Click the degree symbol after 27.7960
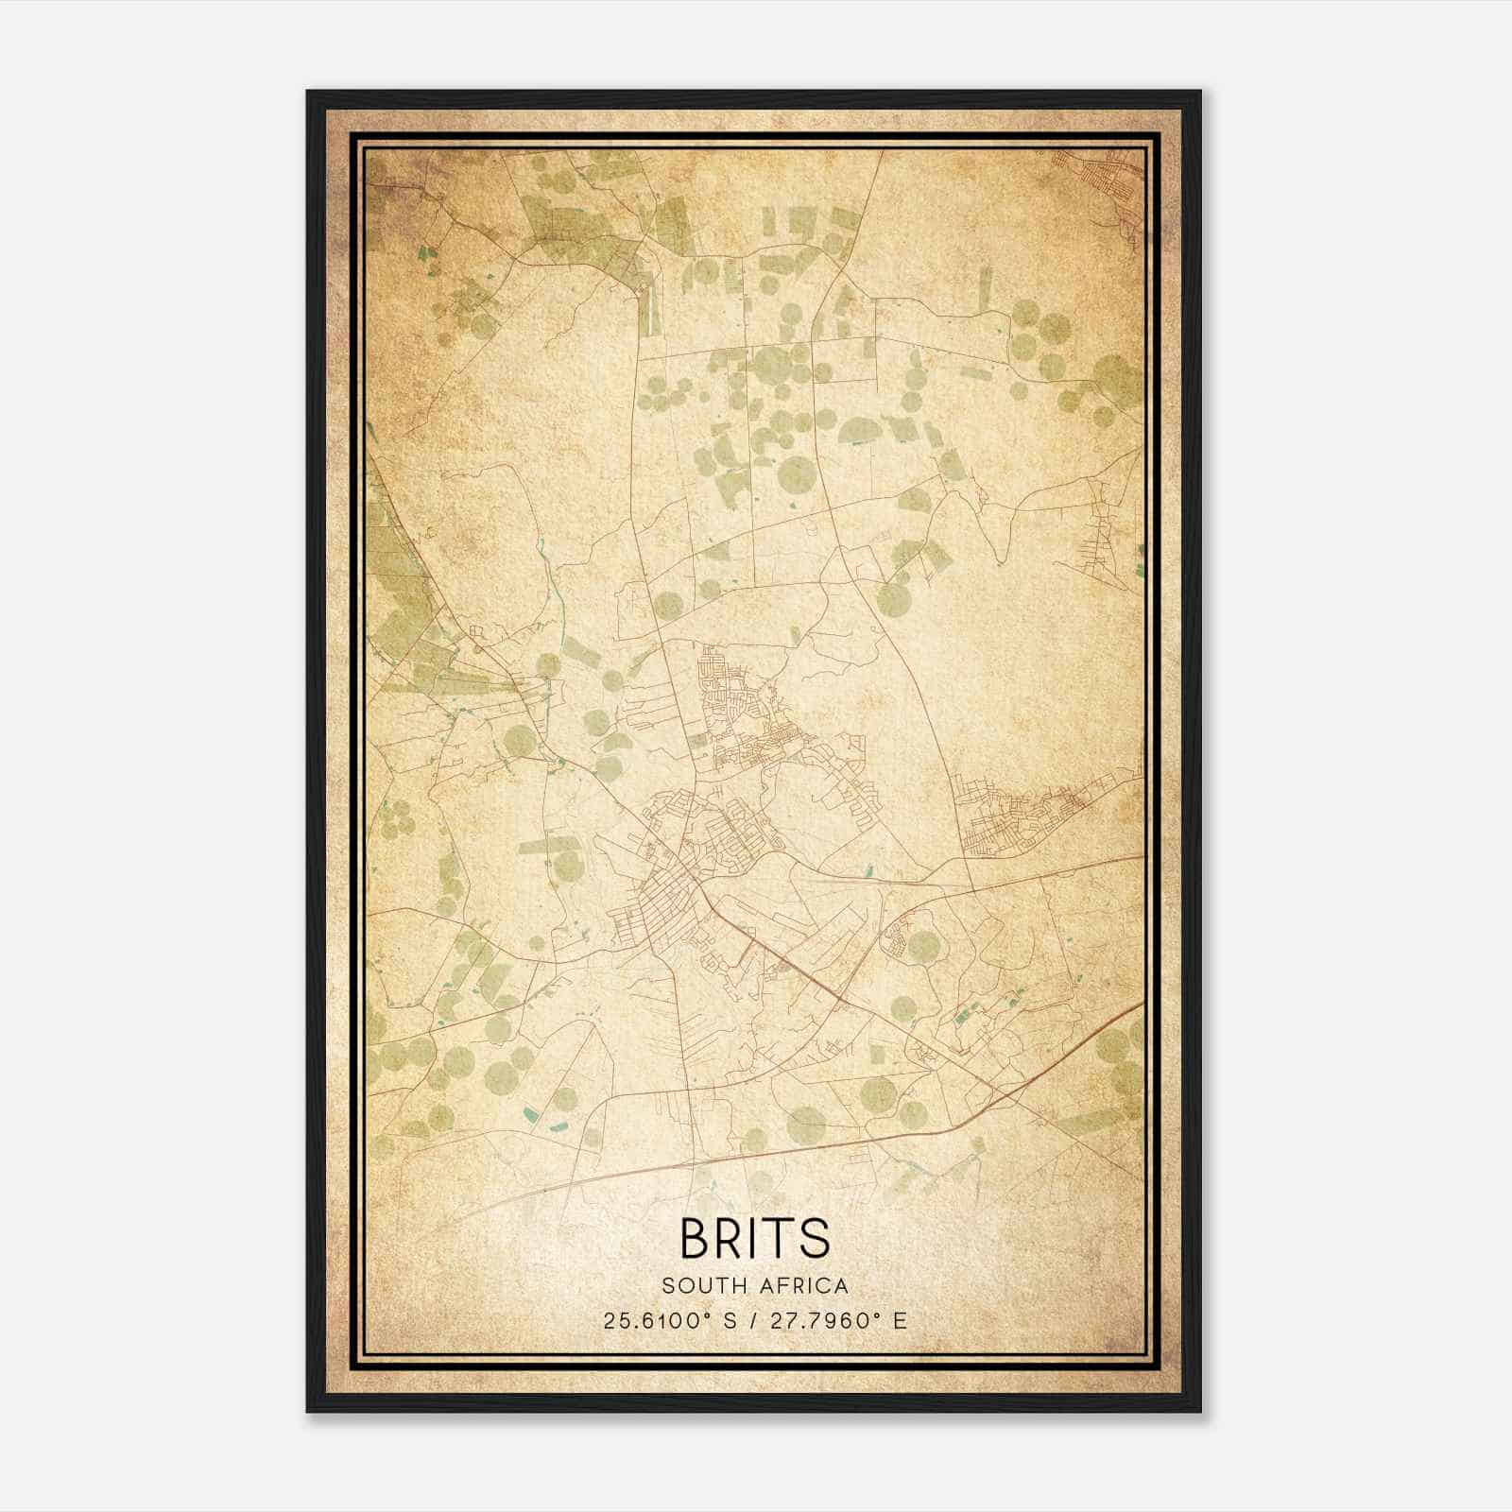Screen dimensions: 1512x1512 tap(878, 1315)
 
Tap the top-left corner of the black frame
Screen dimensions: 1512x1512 tap(308, 93)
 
